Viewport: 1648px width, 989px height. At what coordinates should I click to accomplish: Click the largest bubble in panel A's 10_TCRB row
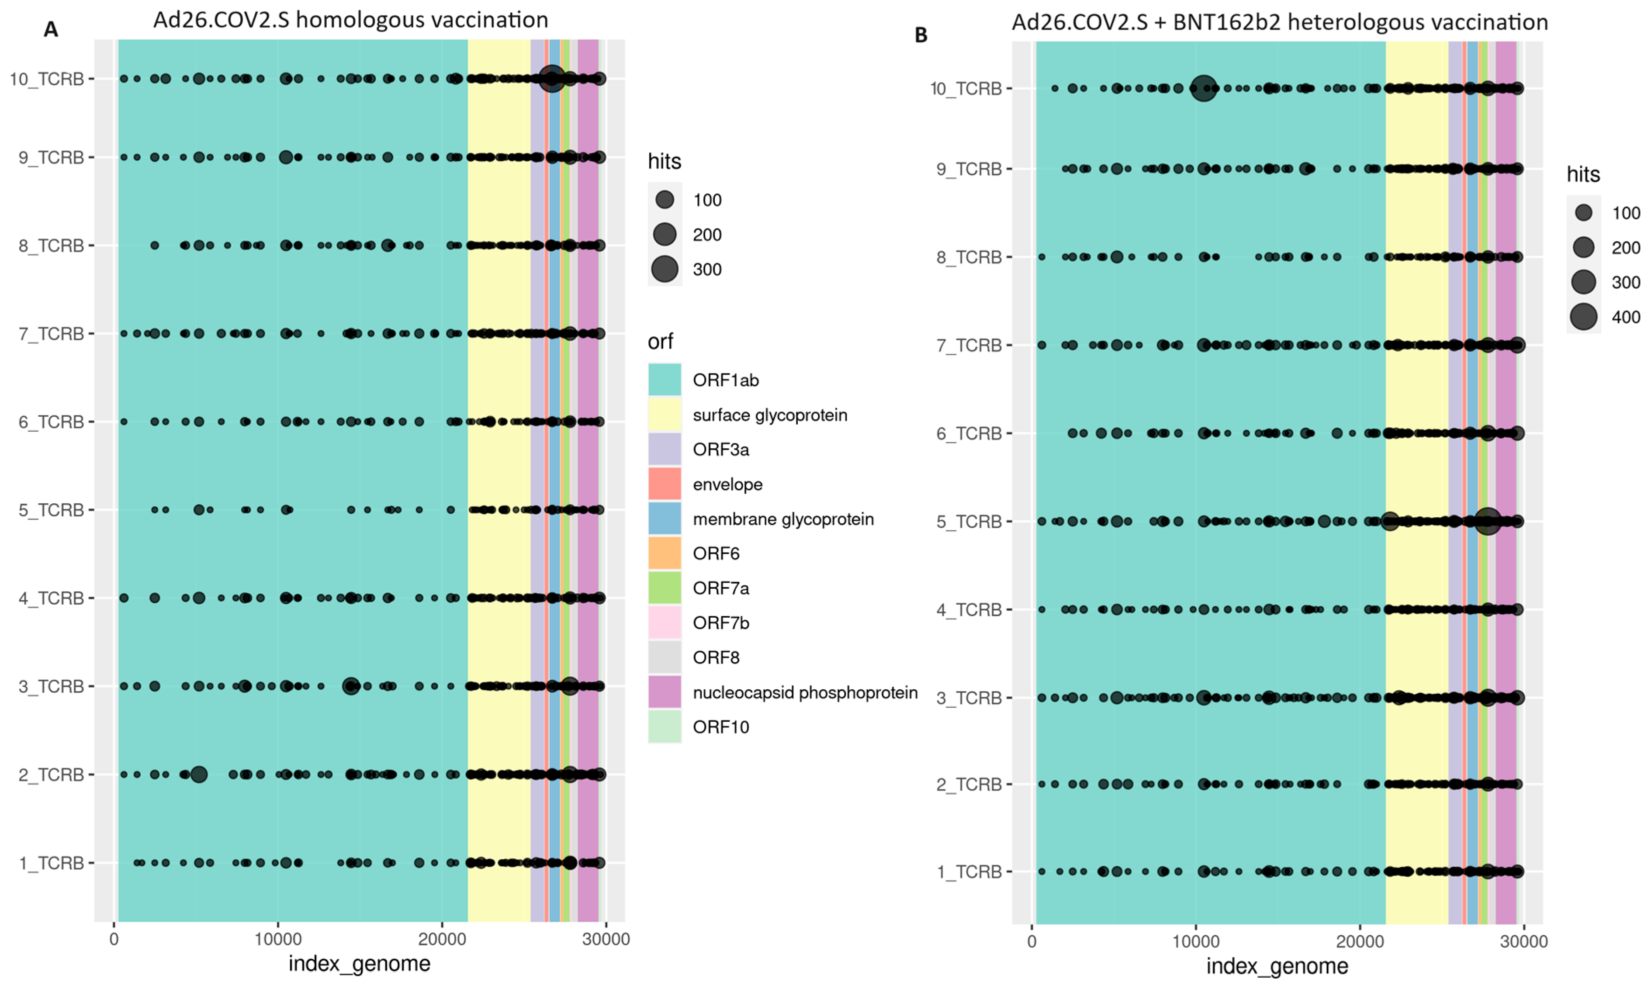[552, 79]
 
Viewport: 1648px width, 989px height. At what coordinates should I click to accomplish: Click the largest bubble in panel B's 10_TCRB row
[1203, 88]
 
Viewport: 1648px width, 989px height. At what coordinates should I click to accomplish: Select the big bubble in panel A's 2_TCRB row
[199, 775]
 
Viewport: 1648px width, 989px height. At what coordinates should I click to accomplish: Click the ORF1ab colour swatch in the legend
[665, 380]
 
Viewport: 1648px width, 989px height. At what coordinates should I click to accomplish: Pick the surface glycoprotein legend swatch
[665, 415]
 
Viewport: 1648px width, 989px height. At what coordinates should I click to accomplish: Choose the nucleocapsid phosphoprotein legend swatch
[665, 692]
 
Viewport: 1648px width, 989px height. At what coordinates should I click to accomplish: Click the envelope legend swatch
[665, 484]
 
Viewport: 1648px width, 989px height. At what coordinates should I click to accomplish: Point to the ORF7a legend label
[720, 588]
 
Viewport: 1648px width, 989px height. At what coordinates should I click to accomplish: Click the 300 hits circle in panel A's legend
[665, 269]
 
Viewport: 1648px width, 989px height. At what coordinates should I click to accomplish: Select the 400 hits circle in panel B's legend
[1583, 317]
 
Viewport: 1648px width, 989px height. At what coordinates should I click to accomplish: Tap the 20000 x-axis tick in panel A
[442, 940]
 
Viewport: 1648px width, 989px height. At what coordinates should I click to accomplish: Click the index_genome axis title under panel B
[1277, 966]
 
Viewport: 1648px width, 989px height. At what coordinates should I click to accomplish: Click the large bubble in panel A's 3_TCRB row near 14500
[351, 686]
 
